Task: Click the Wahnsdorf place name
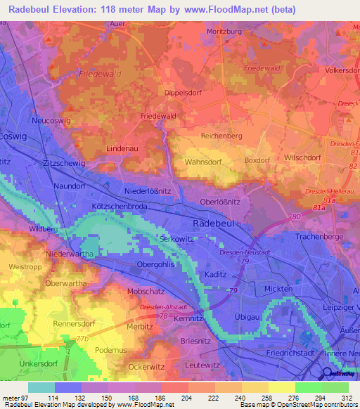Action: point(202,161)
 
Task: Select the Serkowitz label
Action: point(176,240)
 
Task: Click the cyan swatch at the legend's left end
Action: point(41,387)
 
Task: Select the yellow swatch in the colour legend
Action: point(282,387)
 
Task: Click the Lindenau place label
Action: point(121,150)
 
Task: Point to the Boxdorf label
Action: point(257,161)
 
